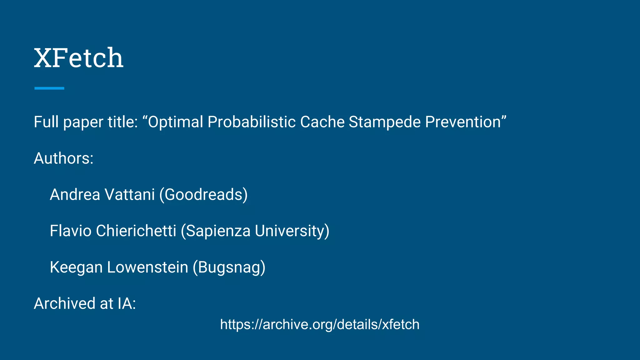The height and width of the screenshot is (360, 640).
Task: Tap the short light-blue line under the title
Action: click(x=49, y=88)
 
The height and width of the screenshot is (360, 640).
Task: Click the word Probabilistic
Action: click(x=251, y=122)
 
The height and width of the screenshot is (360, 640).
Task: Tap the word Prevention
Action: click(x=463, y=122)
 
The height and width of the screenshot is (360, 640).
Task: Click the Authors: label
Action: click(x=64, y=158)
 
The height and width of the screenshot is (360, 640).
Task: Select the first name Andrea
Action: click(x=75, y=194)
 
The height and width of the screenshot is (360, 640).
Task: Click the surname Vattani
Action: click(x=130, y=194)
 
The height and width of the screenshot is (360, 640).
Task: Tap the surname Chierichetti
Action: click(x=136, y=231)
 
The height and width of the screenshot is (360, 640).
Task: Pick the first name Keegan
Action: click(x=76, y=267)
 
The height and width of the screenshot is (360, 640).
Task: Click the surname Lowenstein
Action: click(x=147, y=267)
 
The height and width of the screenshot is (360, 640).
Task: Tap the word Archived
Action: click(x=64, y=303)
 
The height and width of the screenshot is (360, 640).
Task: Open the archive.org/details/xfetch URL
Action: click(x=320, y=324)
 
